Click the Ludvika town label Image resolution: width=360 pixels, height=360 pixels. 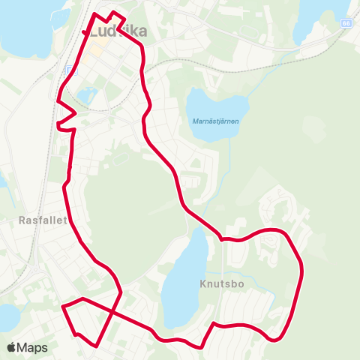click(x=117, y=32)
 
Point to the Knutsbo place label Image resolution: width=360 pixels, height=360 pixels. click(x=223, y=284)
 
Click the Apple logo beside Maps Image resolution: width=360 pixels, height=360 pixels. click(x=11, y=347)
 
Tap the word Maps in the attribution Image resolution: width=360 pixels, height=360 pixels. click(x=33, y=347)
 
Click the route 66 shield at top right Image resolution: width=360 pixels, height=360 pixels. click(x=346, y=23)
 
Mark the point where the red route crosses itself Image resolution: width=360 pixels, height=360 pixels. click(x=112, y=310)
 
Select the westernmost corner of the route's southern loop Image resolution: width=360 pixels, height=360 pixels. click(x=62, y=307)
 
